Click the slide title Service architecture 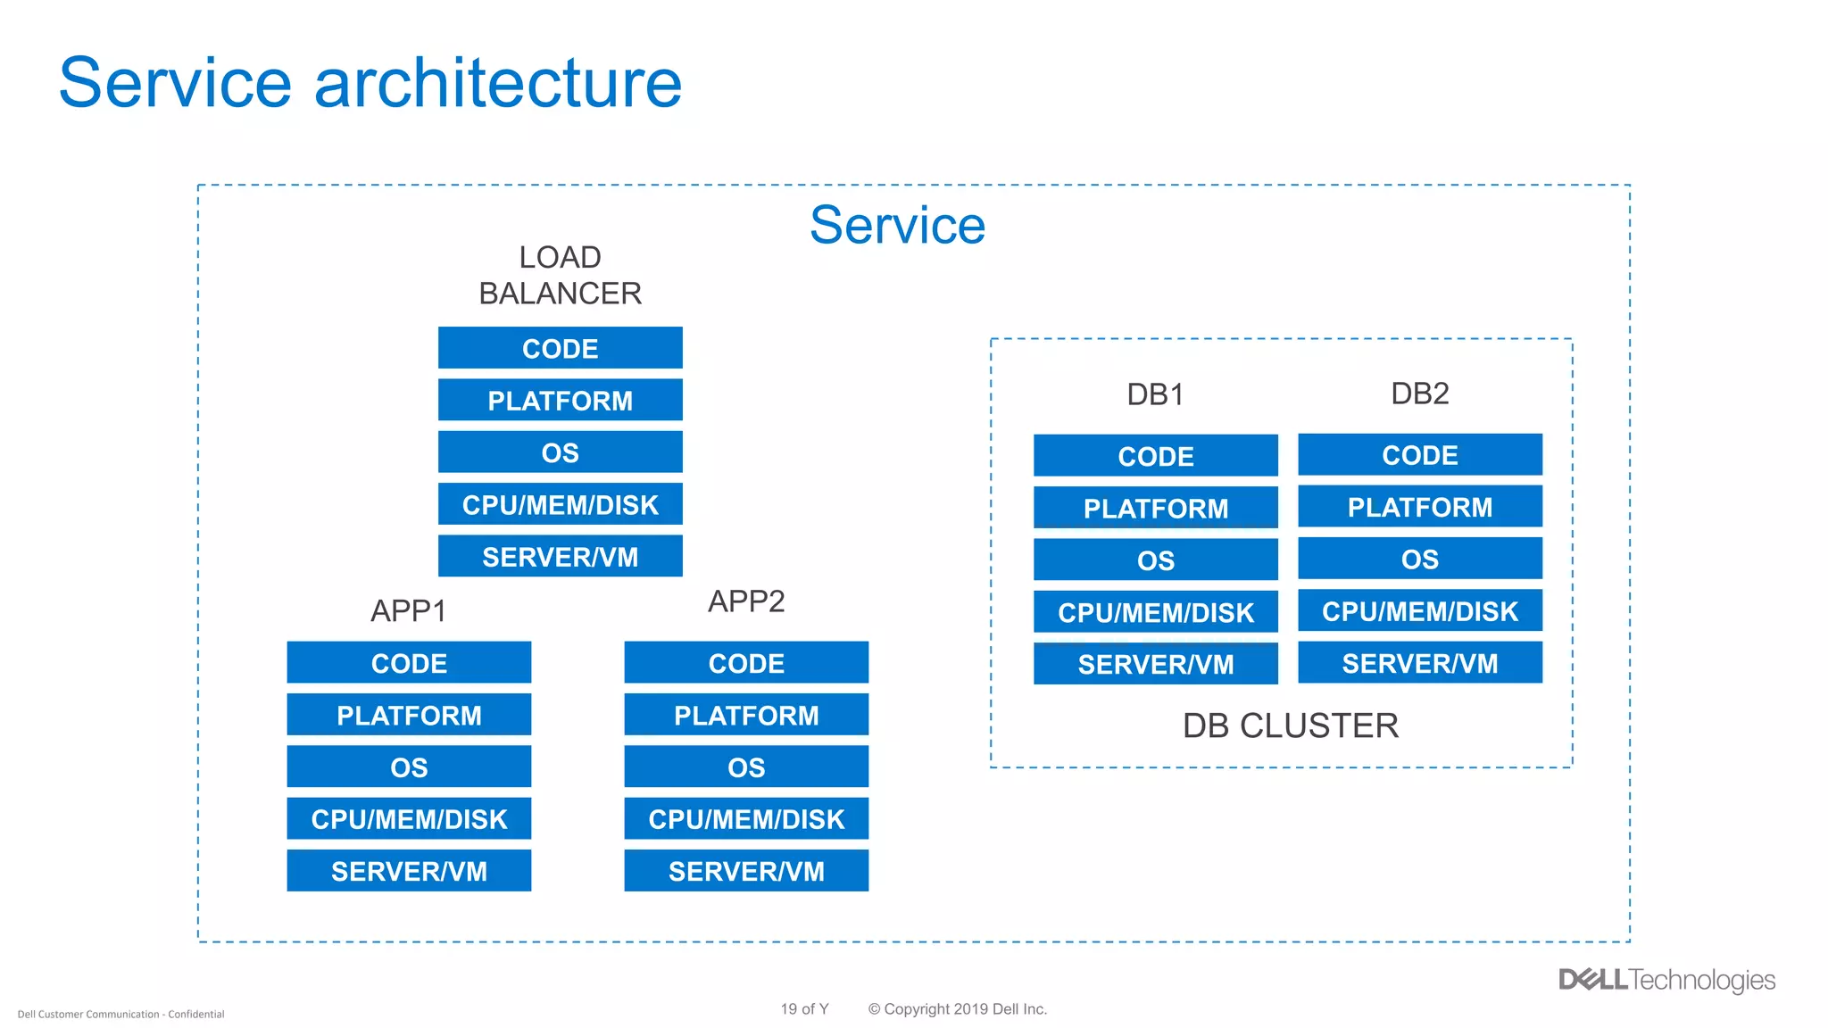click(370, 83)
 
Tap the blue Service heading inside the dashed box click(897, 225)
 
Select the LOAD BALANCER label click(560, 275)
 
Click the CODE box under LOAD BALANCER click(560, 348)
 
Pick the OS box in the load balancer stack click(560, 452)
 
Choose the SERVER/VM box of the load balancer click(560, 556)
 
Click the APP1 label click(408, 611)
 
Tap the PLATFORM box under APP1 click(409, 715)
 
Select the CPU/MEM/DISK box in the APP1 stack click(409, 818)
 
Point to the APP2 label click(746, 601)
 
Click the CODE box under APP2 click(746, 663)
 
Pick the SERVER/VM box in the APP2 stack click(746, 871)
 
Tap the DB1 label click(1155, 394)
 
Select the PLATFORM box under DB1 click(1155, 508)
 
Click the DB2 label click(1419, 394)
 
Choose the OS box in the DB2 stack click(1419, 559)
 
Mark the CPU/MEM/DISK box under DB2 click(1419, 610)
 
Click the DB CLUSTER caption click(1290, 725)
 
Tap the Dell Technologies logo click(1666, 980)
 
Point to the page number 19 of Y click(804, 1009)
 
